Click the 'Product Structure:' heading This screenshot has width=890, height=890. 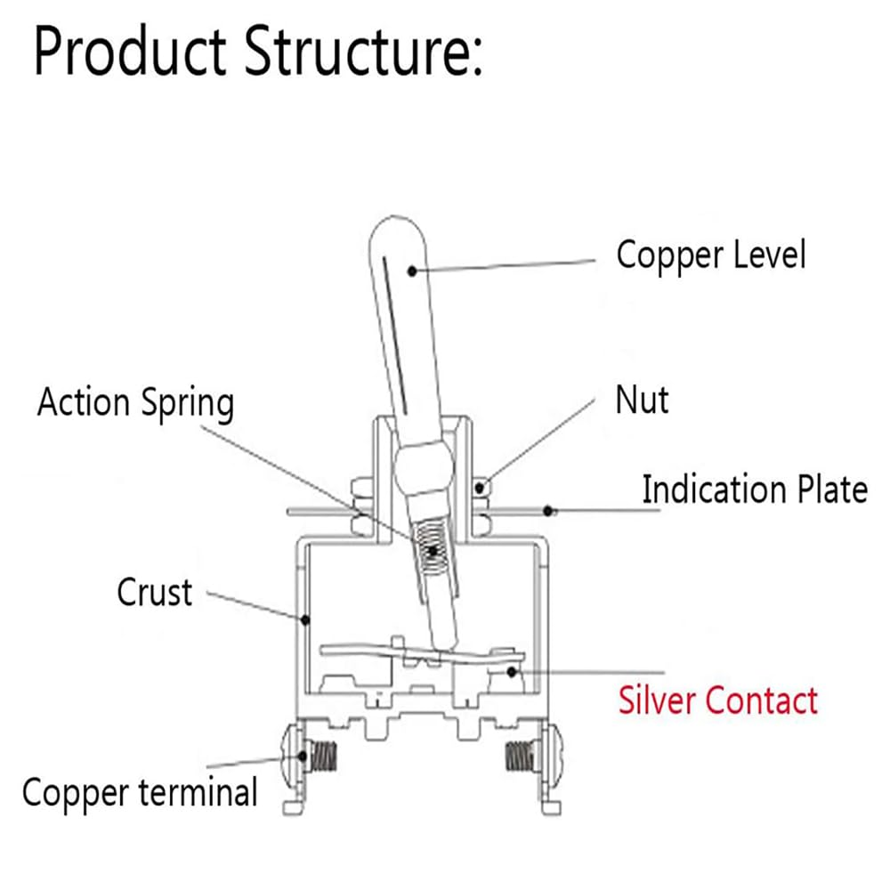tap(258, 53)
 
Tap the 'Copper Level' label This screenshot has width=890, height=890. tap(710, 255)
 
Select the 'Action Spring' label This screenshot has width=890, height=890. tap(135, 403)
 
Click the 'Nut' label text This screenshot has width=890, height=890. tap(642, 400)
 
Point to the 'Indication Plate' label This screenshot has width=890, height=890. tap(754, 489)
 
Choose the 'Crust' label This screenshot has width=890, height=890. tap(154, 592)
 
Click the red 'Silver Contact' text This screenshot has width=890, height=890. tap(718, 700)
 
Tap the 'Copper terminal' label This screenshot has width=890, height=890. tap(140, 791)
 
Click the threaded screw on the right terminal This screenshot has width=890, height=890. tap(518, 757)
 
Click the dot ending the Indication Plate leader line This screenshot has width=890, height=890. tap(550, 511)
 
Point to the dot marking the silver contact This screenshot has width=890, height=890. tap(512, 671)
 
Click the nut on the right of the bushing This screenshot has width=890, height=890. tap(482, 487)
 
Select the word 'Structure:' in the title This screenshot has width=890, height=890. tap(365, 53)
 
